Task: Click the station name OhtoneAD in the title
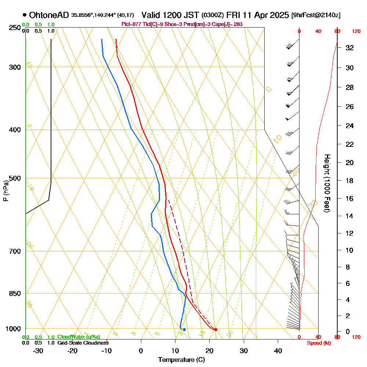click(48, 15)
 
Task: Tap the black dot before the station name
click(24, 15)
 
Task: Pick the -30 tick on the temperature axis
click(38, 351)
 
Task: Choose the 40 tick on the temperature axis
click(278, 351)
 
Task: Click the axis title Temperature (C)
click(181, 360)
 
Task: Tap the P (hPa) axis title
click(6, 191)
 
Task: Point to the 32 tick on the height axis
click(350, 48)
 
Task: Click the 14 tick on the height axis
click(350, 216)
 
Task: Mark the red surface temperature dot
click(215, 330)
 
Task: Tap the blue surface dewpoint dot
click(184, 330)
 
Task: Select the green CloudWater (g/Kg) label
click(79, 337)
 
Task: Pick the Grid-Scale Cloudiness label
click(83, 343)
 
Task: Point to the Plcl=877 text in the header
click(131, 24)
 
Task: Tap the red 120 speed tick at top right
click(356, 32)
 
